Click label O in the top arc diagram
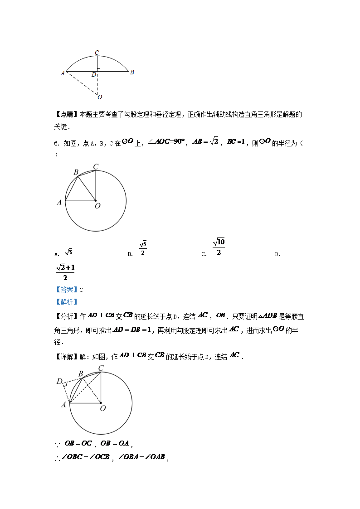(100, 97)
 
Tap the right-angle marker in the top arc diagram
(98, 70)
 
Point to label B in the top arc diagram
(132, 72)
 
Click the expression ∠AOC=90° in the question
(167, 142)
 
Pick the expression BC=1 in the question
(236, 142)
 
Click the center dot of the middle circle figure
(96, 200)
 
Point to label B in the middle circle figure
(76, 172)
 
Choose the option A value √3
(69, 252)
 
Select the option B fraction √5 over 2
(142, 248)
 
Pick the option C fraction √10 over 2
(219, 247)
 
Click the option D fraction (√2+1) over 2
(65, 273)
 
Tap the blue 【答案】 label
(66, 290)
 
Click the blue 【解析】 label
(66, 302)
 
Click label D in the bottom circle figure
(59, 381)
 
